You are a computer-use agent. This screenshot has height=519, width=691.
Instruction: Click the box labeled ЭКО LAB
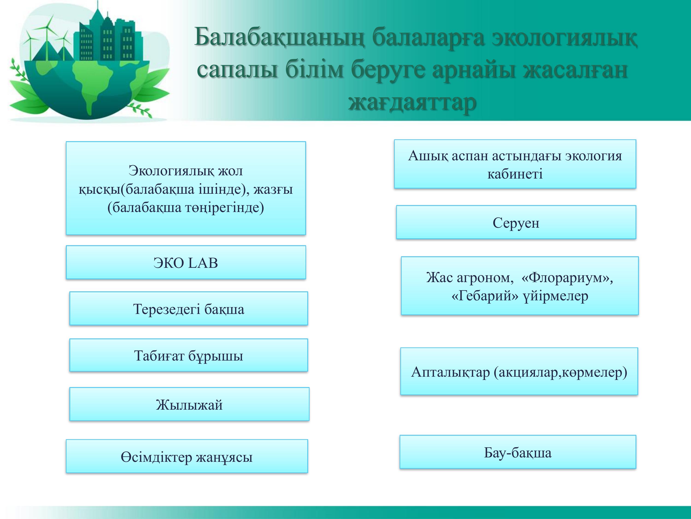coord(186,262)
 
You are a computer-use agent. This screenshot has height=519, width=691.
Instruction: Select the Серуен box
coord(516,222)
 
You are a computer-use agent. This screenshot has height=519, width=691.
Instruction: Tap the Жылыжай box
coord(189,404)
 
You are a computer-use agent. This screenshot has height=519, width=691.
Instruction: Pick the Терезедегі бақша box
coord(189,308)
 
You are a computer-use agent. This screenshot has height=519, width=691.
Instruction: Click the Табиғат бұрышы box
coord(189,355)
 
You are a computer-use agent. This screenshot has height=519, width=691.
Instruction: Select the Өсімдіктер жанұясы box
coord(187,456)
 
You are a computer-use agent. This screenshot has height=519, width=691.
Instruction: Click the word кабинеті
coord(515,174)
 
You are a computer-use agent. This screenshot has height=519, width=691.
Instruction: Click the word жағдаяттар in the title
coord(412,102)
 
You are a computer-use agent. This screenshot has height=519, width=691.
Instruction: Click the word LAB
coord(203,263)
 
